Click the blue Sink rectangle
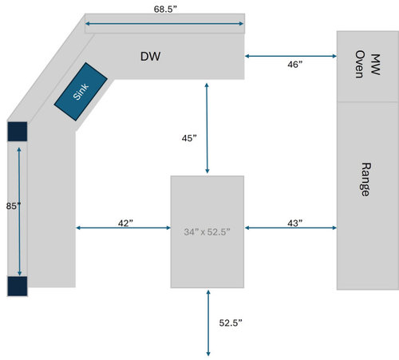[81, 92]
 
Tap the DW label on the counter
[150, 57]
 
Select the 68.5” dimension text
[165, 9]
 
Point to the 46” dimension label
[294, 65]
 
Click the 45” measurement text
[189, 138]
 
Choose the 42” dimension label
[125, 223]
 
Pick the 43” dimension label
[294, 223]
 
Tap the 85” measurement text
[14, 206]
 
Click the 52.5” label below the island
[231, 322]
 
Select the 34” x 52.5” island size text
[207, 231]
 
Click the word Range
[365, 180]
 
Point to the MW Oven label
[367, 64]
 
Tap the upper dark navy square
[18, 132]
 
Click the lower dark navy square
[18, 287]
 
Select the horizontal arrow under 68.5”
[164, 24]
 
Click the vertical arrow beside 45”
[207, 129]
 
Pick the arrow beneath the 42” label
[123, 227]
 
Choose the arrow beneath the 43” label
[290, 227]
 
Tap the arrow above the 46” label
[290, 56]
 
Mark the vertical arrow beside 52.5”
[208, 323]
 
